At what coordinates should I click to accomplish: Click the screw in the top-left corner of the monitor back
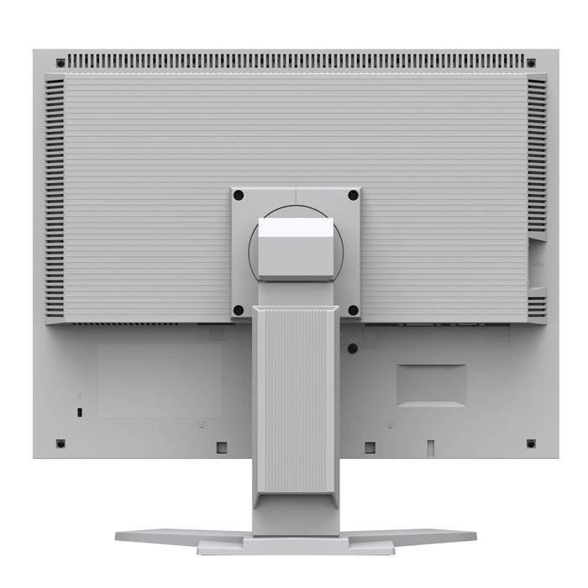click(x=60, y=62)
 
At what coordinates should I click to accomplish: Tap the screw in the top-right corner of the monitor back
click(x=531, y=62)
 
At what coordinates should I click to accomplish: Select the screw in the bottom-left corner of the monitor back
click(x=60, y=443)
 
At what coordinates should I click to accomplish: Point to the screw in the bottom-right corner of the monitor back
click(x=531, y=443)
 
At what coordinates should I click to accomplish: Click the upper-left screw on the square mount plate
click(x=239, y=195)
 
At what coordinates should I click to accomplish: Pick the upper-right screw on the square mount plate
click(x=353, y=195)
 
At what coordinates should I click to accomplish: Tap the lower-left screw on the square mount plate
click(x=239, y=310)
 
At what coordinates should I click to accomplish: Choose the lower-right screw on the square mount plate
click(x=353, y=310)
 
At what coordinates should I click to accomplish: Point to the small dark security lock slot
click(x=79, y=412)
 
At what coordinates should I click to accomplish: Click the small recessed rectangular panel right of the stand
click(x=431, y=386)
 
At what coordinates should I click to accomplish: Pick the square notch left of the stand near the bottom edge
click(x=222, y=447)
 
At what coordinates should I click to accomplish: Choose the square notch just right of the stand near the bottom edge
click(x=370, y=447)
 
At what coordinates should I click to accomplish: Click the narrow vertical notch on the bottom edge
click(x=430, y=447)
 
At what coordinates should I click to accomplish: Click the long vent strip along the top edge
click(x=296, y=61)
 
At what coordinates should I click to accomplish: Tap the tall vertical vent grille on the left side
click(x=55, y=197)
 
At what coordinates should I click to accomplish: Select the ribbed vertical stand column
click(x=296, y=399)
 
